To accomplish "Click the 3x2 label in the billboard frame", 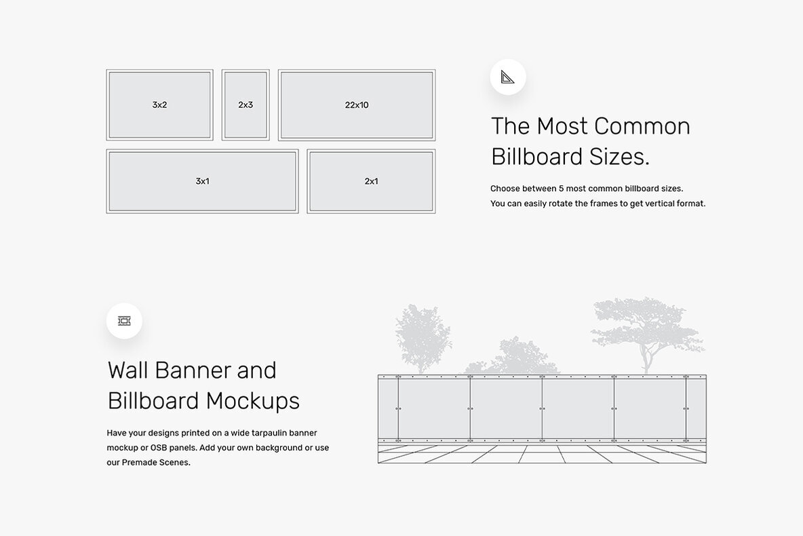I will coord(159,105).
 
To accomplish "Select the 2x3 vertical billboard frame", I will coord(246,105).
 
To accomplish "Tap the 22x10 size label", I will coord(357,105).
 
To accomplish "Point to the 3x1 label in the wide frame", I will coord(202,181).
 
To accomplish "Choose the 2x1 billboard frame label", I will coord(371,181).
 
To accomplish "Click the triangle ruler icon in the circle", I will coord(508,77).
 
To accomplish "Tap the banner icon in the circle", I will coord(124,321).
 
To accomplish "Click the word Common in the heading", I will coord(641,126).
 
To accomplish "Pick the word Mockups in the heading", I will coord(252,401).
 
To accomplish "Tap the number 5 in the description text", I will coord(562,189).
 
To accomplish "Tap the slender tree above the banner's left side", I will coord(421,337).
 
